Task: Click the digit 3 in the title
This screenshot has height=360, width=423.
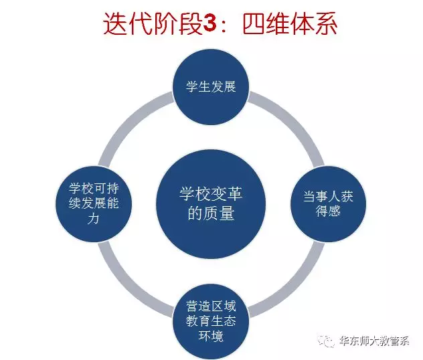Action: point(210,23)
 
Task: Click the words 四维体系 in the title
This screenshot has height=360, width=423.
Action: point(290,23)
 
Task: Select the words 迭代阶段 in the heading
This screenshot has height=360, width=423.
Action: point(153,23)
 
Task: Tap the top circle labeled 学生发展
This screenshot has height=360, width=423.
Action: point(211,86)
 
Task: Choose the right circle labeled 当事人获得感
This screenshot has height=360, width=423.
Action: point(328,204)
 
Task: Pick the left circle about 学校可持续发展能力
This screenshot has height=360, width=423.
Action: point(94,204)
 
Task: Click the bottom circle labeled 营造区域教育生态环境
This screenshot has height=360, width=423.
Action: point(211,321)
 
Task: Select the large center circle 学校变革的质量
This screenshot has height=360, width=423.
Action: point(211,204)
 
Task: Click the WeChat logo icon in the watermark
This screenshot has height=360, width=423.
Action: point(326,341)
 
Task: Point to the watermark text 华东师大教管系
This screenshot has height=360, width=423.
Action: point(374,341)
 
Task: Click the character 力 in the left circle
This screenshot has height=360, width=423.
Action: point(93,218)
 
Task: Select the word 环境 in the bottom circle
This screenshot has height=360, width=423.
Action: point(211,336)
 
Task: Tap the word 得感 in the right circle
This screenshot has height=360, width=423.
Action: point(328,211)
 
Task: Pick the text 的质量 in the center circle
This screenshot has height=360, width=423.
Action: point(211,213)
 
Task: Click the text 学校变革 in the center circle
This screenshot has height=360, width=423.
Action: point(211,193)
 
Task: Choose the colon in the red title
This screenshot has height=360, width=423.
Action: point(224,26)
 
